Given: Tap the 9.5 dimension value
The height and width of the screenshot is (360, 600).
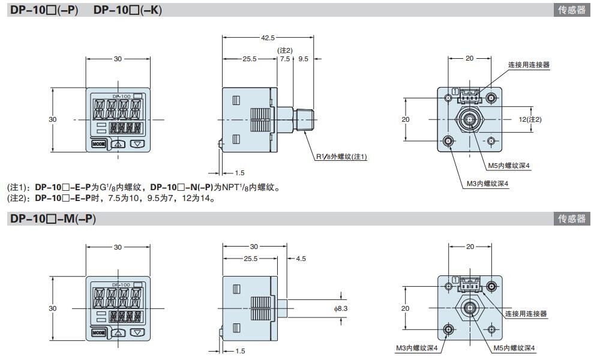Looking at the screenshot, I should click(303, 59).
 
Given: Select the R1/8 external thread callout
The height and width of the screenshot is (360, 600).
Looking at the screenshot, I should click(341, 157).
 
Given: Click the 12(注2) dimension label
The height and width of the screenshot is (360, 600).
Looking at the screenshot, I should click(530, 119).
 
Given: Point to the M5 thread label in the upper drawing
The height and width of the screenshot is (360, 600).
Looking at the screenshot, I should click(509, 166).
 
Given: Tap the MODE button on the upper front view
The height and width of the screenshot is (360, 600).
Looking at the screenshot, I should click(98, 144).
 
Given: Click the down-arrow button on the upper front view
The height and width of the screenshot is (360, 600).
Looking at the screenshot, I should click(138, 144).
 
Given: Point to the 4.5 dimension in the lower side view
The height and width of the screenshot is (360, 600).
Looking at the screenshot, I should click(301, 259).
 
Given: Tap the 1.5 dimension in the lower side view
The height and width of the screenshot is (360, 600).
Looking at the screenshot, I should click(239, 351).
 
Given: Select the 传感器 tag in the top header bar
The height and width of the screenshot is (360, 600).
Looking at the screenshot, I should click(571, 10).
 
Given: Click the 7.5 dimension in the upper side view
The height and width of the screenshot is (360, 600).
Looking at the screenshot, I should click(284, 59).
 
